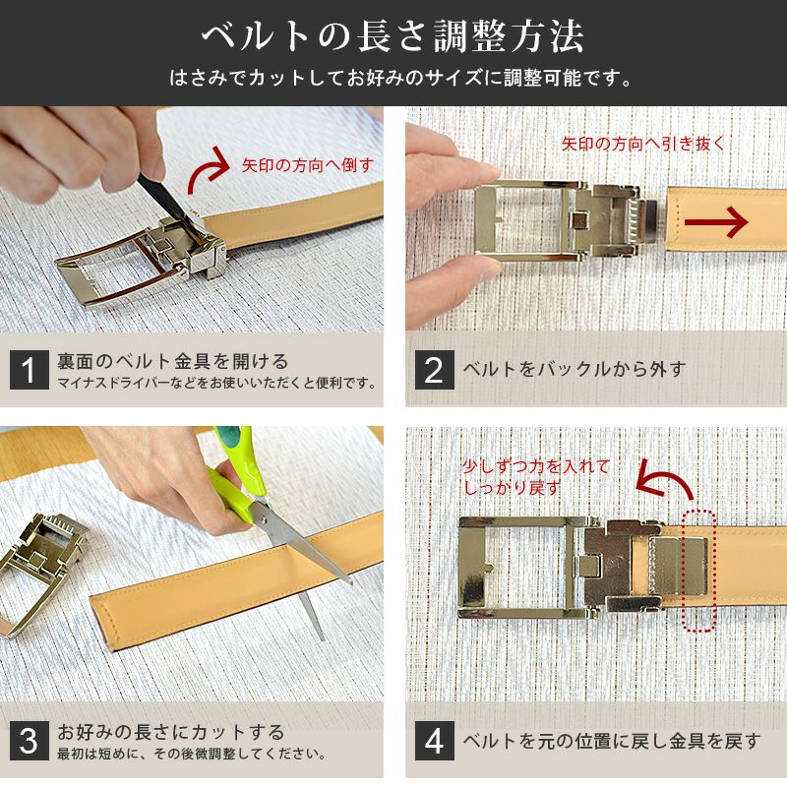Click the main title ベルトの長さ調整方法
click(393, 37)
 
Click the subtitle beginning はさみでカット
click(393, 78)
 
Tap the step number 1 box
click(29, 370)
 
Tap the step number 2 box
click(434, 370)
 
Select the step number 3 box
click(29, 741)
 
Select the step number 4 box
click(434, 741)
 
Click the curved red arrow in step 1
click(208, 172)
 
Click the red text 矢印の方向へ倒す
click(308, 164)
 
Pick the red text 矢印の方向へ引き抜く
click(643, 143)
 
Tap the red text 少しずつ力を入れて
click(536, 467)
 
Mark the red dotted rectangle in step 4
click(697, 571)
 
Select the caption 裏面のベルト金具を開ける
click(173, 361)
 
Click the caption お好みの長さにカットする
click(171, 732)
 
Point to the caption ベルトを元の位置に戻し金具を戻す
click(611, 741)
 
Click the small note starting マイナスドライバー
click(217, 383)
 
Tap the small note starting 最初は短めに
click(191, 754)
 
